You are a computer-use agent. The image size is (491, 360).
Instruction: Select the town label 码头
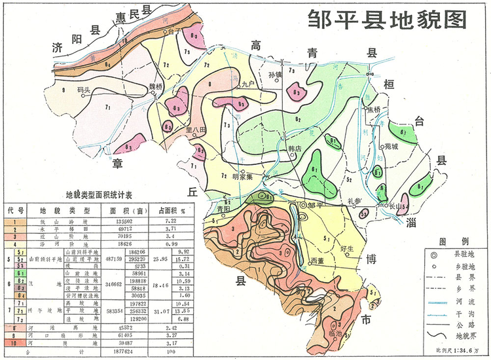(x=83, y=90)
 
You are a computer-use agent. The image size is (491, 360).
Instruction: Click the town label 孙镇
(x=275, y=75)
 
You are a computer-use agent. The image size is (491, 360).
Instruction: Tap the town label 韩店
(x=295, y=149)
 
